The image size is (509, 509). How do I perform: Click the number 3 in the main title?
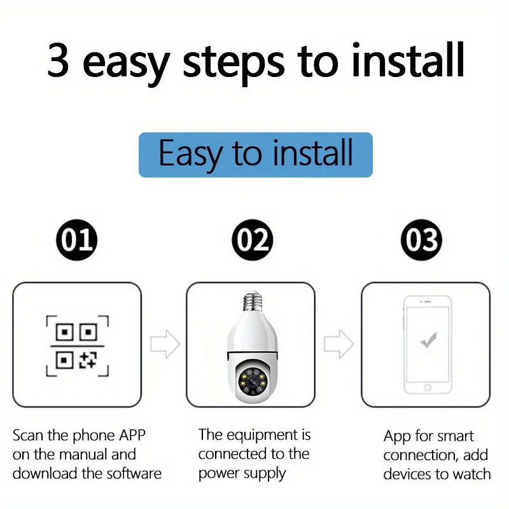click(x=59, y=60)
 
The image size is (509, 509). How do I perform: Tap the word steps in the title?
click(x=234, y=64)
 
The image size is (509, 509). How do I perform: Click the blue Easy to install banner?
click(x=256, y=155)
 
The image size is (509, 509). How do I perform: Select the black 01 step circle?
click(x=76, y=240)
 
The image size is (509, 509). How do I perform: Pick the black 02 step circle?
click(x=253, y=240)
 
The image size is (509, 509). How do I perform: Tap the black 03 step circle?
click(x=422, y=240)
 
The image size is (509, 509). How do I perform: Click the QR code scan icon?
click(x=77, y=346)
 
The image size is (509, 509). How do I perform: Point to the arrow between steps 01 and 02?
click(x=165, y=344)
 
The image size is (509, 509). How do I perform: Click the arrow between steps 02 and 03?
click(x=338, y=344)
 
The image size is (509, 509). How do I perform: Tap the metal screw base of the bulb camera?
click(x=253, y=301)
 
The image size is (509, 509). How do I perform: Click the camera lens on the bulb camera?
click(x=253, y=382)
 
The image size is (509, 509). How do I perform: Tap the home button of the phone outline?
click(x=428, y=387)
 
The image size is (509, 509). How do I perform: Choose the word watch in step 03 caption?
click(x=471, y=474)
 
